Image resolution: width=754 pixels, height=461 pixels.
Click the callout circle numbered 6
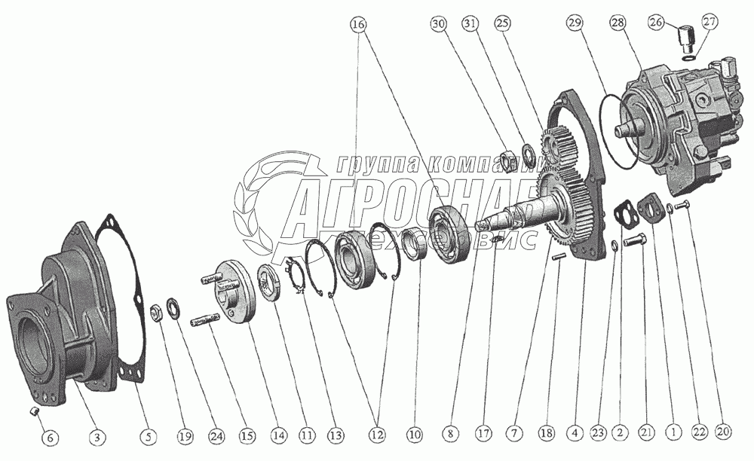click(x=50, y=437)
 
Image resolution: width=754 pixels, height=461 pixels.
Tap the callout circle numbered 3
click(x=97, y=436)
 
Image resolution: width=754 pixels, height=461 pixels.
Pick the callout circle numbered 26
click(x=657, y=22)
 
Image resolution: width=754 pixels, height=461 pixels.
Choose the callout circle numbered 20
click(x=723, y=432)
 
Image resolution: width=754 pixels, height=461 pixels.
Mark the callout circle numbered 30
click(x=439, y=23)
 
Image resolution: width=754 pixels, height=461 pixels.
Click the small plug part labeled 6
click(x=34, y=411)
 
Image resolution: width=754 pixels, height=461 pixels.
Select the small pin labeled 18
click(x=559, y=257)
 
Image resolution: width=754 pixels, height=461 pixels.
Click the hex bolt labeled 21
click(x=636, y=240)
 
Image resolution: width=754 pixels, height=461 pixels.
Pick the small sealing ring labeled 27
click(x=688, y=58)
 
